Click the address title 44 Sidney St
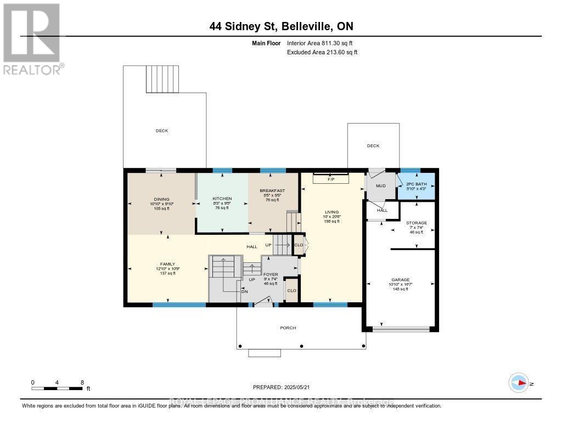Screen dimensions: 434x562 (281, 27)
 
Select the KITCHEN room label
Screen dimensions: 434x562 (222, 199)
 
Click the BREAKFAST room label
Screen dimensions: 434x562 (273, 190)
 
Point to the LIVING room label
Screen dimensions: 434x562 (331, 212)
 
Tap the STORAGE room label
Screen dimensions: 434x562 (417, 223)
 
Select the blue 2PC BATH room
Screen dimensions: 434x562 (416, 185)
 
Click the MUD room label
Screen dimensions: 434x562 (381, 185)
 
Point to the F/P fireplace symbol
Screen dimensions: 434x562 (331, 179)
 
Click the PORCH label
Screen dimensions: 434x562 (288, 328)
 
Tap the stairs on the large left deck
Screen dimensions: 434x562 (155, 79)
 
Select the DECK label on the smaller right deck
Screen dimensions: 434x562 (373, 145)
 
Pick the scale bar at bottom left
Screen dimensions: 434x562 (58, 388)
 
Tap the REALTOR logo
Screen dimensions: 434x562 (32, 39)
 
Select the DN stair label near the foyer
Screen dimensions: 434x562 (245, 291)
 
